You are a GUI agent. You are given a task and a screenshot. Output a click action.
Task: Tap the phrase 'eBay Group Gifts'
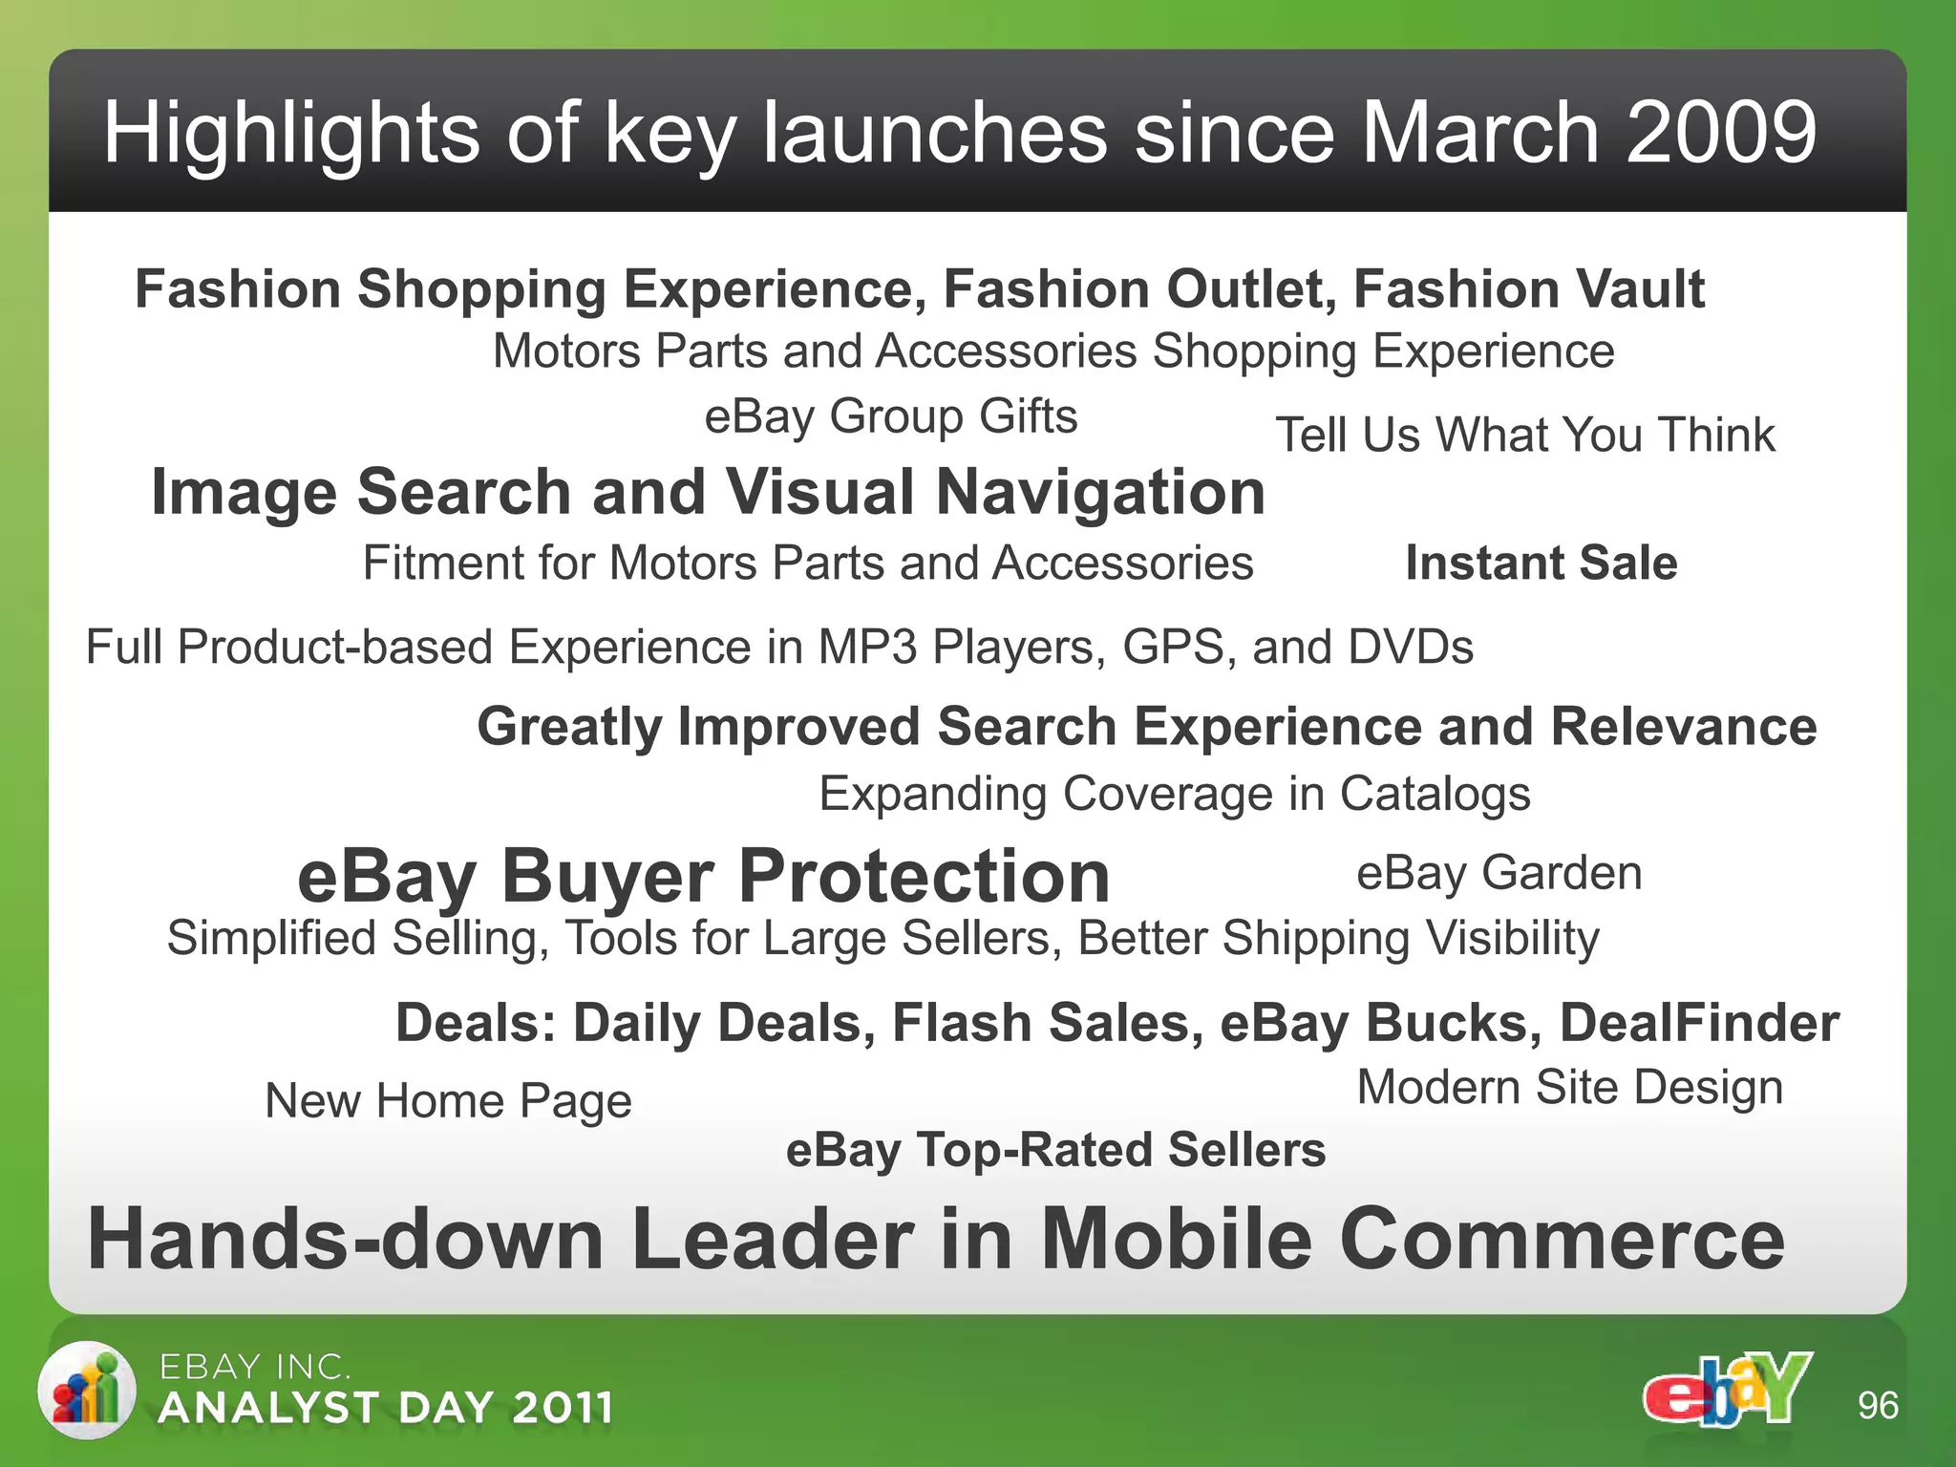(x=890, y=417)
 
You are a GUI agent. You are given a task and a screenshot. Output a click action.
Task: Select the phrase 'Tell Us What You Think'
(x=1525, y=436)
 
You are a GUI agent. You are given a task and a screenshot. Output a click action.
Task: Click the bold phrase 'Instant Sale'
(x=1541, y=563)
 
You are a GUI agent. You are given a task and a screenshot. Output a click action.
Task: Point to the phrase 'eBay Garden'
(x=1499, y=873)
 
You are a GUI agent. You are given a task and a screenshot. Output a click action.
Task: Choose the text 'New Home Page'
(x=448, y=1101)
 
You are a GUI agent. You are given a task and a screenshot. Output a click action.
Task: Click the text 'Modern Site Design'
(x=1569, y=1088)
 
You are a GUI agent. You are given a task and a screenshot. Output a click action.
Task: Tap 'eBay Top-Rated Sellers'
(x=1055, y=1150)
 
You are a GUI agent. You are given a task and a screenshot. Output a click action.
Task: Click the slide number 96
(x=1878, y=1406)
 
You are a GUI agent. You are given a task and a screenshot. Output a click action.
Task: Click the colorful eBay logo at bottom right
(x=1727, y=1390)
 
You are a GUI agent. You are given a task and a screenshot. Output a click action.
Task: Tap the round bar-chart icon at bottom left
(x=87, y=1390)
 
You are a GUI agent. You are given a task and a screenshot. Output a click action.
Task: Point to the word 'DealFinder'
(x=1699, y=1023)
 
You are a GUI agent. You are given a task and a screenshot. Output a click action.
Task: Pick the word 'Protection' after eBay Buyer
(x=924, y=876)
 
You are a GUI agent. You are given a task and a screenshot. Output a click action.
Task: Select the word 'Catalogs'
(x=1435, y=795)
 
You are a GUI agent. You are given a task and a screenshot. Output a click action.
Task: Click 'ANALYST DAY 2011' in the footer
(x=386, y=1408)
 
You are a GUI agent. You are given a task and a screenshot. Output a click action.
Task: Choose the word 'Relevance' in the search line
(x=1683, y=727)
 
